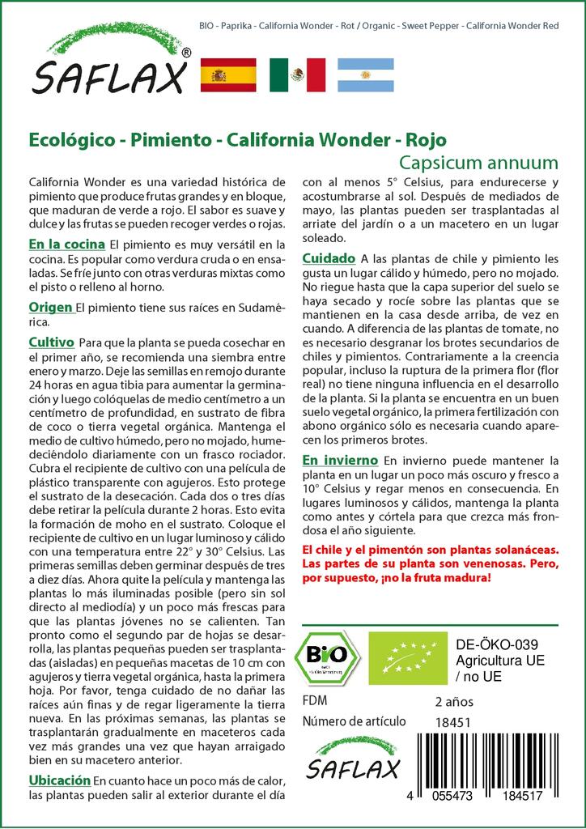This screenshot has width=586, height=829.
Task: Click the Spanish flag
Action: (x=227, y=75)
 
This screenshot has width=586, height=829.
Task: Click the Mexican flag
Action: (x=297, y=75)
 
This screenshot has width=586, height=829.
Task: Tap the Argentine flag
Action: (x=365, y=75)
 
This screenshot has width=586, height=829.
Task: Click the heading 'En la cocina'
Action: (x=66, y=244)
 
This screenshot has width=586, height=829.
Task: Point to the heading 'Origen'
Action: (x=51, y=308)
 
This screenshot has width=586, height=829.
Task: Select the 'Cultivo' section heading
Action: (x=52, y=342)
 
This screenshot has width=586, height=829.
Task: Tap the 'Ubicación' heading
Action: (x=59, y=780)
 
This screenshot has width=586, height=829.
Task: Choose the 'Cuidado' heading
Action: (x=329, y=258)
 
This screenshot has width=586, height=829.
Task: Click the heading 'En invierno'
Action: (x=340, y=460)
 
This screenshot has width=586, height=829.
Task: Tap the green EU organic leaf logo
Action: (x=402, y=657)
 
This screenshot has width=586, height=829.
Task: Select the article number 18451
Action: (x=453, y=722)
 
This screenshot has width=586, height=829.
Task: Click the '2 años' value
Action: (x=454, y=701)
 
